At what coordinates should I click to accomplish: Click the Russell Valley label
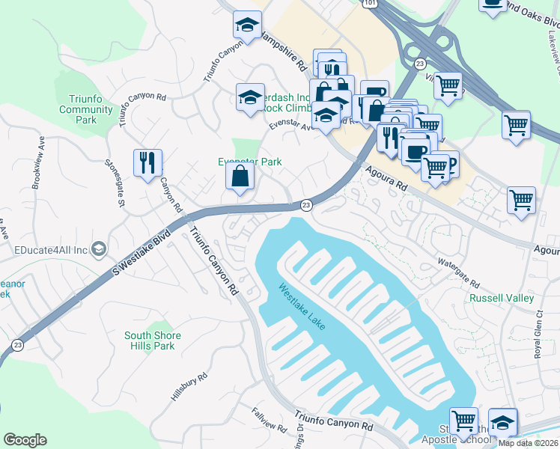click(501, 298)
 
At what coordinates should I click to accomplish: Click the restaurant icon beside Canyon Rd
click(147, 162)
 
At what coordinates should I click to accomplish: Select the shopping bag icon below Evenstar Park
click(240, 177)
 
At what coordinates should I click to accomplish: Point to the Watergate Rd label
click(457, 274)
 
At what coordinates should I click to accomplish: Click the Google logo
click(25, 440)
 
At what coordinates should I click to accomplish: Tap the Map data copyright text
click(528, 443)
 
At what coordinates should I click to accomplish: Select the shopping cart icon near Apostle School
click(463, 421)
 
